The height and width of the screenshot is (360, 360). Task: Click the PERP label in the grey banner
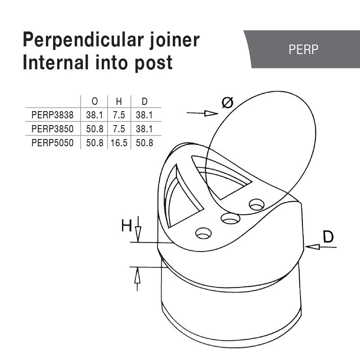point(304,49)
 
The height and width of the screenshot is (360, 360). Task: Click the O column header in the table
point(94,102)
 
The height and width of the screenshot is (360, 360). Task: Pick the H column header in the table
point(119,102)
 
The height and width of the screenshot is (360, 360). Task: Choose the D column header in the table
point(144,102)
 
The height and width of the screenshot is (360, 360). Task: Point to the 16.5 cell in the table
point(119,144)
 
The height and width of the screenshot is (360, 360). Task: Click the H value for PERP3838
point(119,115)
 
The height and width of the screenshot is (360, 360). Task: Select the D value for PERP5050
point(144,144)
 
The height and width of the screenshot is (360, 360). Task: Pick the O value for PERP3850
point(94,129)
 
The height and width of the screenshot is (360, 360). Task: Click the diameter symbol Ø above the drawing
point(227,103)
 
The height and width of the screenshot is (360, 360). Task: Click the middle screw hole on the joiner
point(230,219)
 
